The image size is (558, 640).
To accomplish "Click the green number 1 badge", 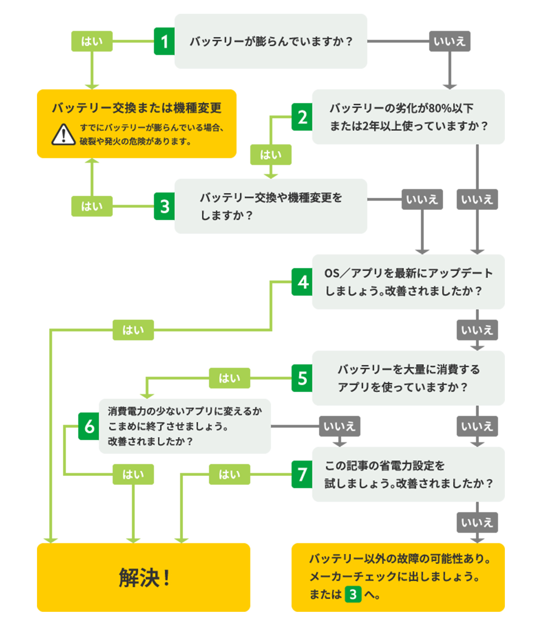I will (164, 41).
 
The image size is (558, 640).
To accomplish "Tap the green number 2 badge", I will (302, 117).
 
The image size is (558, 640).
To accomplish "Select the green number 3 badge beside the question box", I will (164, 206).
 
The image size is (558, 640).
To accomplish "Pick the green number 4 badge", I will (302, 282).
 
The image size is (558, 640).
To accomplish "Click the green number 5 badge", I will (302, 378).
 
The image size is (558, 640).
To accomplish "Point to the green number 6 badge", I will (89, 426).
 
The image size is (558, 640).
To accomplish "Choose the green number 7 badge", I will (302, 475).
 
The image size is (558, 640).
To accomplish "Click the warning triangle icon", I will (63, 135).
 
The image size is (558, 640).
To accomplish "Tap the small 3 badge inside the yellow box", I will (353, 594).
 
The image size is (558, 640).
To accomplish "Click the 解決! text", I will (144, 578).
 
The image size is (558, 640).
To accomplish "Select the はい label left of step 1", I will (92, 41).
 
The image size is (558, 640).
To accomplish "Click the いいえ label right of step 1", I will (450, 41).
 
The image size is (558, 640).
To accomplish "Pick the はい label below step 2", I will (271, 155).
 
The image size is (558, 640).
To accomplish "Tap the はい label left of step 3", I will (92, 206).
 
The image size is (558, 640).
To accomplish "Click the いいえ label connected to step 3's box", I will (422, 199).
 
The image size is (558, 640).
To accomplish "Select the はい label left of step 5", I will (230, 378).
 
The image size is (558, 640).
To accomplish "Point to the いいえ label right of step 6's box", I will (339, 426).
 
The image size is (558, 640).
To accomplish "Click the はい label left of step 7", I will (230, 475).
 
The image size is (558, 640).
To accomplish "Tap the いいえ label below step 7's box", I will (477, 523).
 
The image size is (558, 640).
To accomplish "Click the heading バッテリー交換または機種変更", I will (136, 108).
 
